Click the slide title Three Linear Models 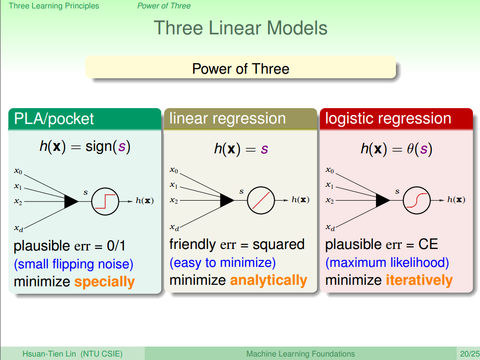(240, 27)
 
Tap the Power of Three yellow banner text (240, 68)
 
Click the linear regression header (228, 119)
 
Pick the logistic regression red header (388, 119)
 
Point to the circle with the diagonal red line (261, 200)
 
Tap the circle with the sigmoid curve (417, 200)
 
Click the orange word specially (104, 282)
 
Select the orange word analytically (269, 280)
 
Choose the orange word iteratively (419, 280)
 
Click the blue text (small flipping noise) (74, 264)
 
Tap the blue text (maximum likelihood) (387, 262)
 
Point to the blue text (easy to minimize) (222, 262)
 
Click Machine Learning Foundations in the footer (300, 354)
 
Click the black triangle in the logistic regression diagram (383, 200)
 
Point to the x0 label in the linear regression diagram (174, 170)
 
